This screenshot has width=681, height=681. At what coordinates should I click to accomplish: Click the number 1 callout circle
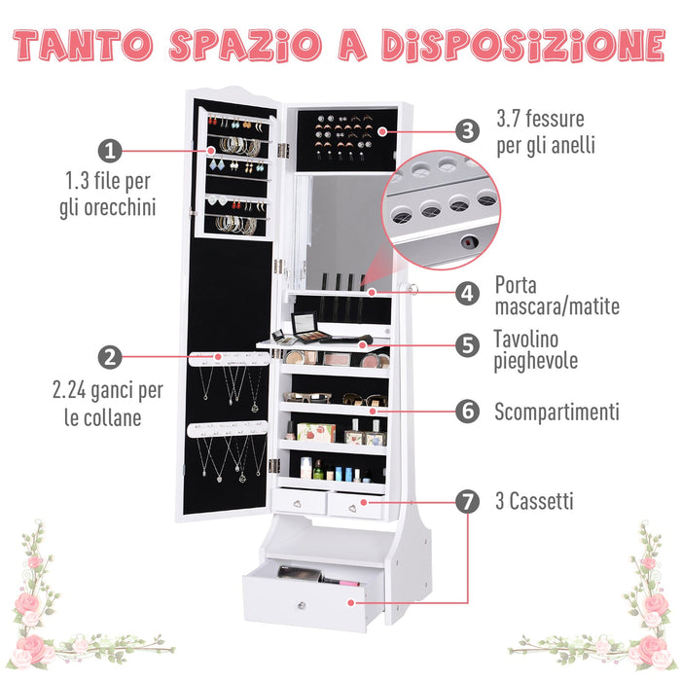110,151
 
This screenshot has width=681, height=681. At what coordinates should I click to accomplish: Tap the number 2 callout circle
111,357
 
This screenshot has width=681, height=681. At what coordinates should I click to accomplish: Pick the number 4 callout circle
468,292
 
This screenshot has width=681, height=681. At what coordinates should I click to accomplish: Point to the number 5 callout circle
468,344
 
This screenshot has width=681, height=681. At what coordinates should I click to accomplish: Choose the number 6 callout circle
468,412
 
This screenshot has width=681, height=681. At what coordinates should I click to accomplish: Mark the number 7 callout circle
468,502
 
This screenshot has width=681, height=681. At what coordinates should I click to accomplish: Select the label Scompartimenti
556,412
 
